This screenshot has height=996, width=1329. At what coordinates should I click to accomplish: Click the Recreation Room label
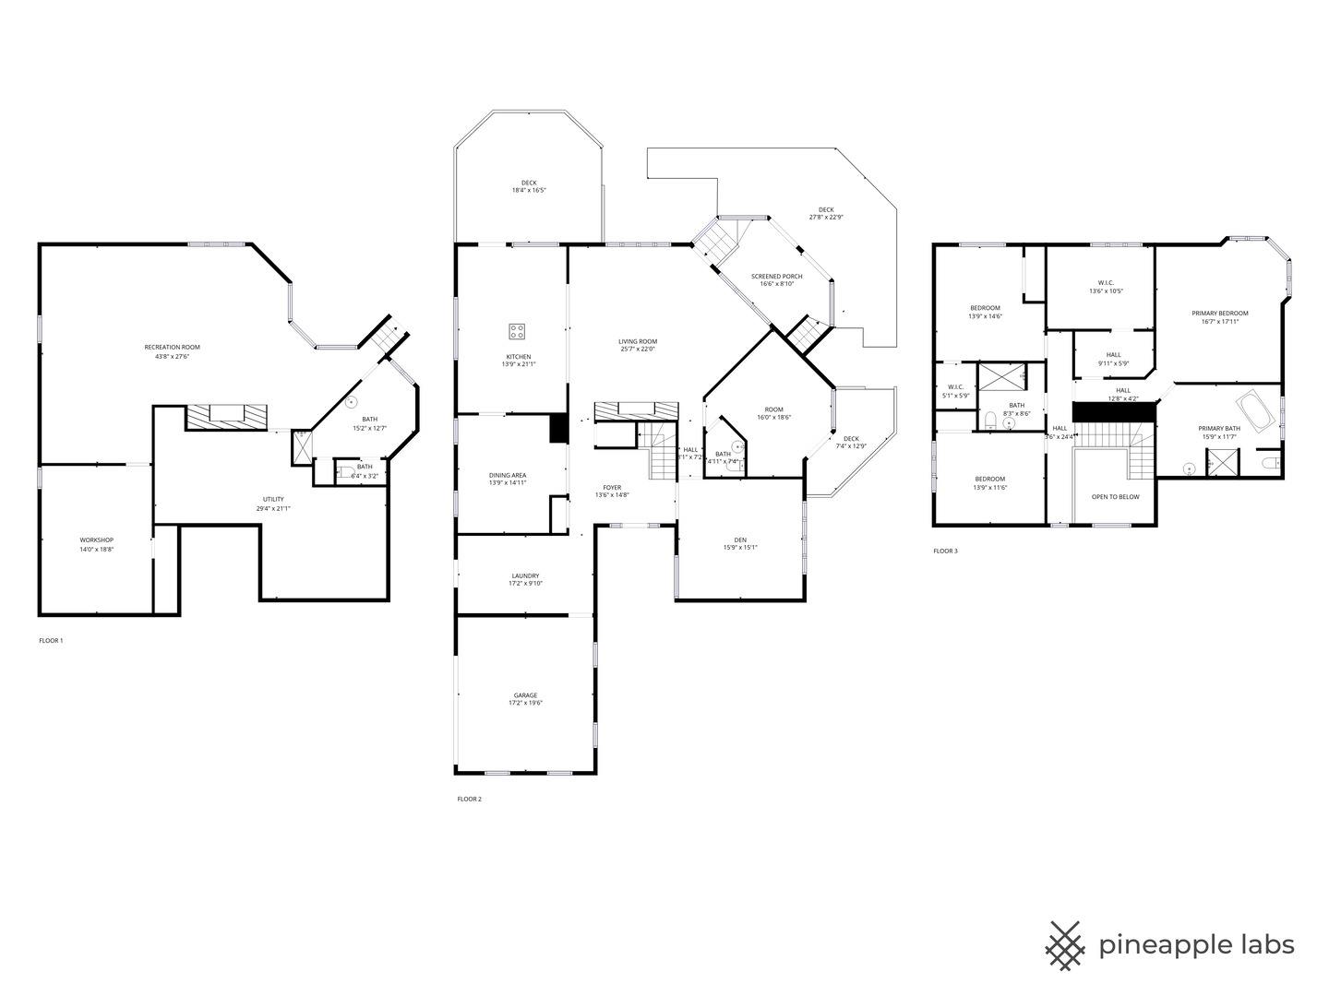172,348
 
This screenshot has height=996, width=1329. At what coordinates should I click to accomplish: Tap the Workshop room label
97,539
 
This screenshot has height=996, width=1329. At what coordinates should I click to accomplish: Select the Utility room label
273,499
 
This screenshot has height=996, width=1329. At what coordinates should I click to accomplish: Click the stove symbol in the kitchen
518,331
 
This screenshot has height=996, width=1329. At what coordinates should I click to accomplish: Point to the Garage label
525,695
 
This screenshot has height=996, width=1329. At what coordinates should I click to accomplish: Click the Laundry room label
525,575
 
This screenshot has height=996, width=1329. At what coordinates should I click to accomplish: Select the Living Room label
638,341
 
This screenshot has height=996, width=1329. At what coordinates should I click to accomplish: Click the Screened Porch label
776,277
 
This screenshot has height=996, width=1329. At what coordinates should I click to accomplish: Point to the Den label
739,539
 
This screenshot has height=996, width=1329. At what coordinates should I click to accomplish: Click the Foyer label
612,487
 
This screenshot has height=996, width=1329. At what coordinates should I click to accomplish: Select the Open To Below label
1115,496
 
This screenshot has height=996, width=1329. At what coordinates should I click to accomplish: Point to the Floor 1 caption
51,640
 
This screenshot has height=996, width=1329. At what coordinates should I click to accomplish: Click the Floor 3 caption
945,551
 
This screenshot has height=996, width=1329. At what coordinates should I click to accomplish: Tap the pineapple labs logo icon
1065,945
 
